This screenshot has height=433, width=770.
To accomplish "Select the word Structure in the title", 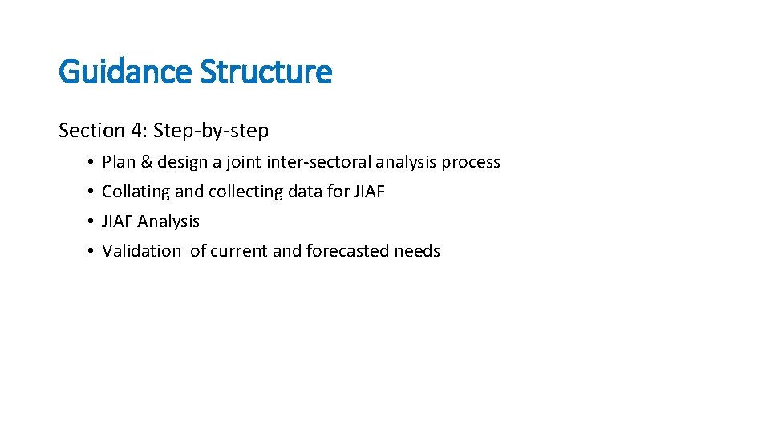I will click(x=265, y=72).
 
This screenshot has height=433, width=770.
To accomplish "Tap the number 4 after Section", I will click(x=134, y=130).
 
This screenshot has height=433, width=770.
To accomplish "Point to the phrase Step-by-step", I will click(x=211, y=130).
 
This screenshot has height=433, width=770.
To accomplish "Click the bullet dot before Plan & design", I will click(x=93, y=163).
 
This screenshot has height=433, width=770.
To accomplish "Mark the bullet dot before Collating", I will click(x=93, y=192).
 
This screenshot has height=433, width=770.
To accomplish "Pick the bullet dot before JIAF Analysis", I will click(x=93, y=222).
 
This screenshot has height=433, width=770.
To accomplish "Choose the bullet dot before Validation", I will click(x=93, y=252).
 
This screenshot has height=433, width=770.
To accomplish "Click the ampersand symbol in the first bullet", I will click(x=147, y=162).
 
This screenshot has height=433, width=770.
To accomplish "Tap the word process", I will click(x=471, y=163).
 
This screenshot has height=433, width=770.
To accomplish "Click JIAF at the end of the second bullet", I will click(x=369, y=192).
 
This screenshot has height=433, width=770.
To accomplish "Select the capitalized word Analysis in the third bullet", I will click(x=168, y=221).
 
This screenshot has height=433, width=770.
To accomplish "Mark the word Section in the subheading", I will click(x=90, y=130).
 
